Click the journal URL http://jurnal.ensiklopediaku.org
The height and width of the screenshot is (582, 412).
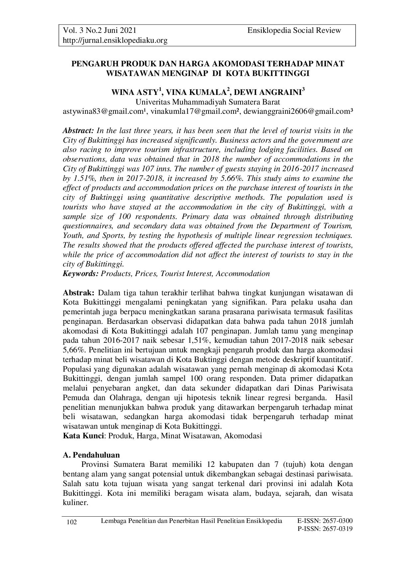115,40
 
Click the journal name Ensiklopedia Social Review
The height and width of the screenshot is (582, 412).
294,31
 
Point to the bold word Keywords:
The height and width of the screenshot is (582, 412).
81,274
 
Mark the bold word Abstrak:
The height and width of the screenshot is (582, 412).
79,293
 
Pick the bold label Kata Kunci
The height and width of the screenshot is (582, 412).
83,436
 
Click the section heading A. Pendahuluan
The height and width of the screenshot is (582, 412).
91,455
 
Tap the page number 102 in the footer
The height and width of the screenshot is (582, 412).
72,523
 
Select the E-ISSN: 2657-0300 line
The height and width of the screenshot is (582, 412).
325,521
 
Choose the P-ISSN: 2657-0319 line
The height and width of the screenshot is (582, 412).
325,529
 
